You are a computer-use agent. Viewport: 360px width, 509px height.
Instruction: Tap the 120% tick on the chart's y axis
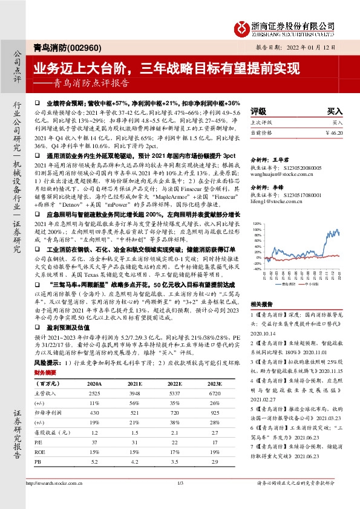pos(257,224)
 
